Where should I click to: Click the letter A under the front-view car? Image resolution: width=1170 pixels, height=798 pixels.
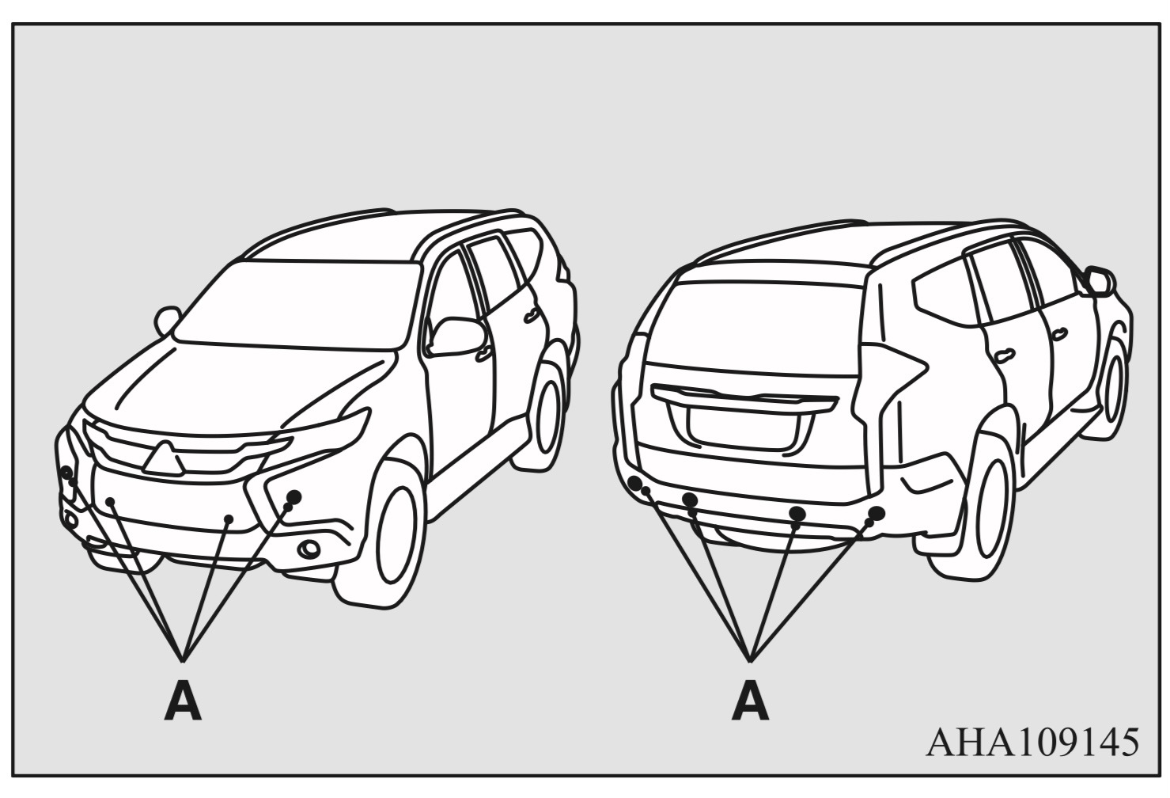(183, 703)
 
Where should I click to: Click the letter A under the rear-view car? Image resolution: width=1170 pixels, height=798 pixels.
(750, 703)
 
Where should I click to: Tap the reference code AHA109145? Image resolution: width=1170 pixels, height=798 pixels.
(1033, 743)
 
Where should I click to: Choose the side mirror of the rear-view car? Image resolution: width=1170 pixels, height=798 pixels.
(1100, 281)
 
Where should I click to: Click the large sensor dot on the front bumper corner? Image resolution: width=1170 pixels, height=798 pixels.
(294, 496)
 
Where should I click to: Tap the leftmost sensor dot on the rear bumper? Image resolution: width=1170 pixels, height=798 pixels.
(634, 482)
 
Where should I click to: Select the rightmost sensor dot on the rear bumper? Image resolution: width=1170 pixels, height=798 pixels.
(877, 513)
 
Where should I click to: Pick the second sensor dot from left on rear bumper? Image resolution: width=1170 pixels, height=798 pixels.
(691, 499)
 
